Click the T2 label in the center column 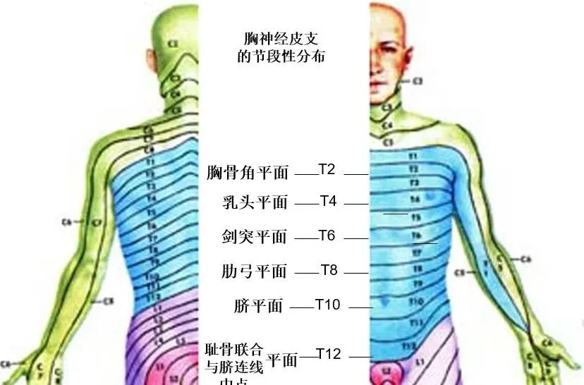click(327, 169)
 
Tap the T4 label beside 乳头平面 click(328, 201)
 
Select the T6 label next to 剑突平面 click(327, 236)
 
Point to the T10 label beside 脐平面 click(328, 305)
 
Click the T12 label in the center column click(329, 354)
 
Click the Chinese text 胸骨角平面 click(248, 171)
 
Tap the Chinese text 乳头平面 click(255, 203)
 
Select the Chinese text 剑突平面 click(255, 237)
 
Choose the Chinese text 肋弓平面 click(255, 271)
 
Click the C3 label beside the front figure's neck click(418, 82)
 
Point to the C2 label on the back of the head click(174, 44)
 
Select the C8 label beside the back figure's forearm click(109, 302)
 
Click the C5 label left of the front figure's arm click(461, 272)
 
